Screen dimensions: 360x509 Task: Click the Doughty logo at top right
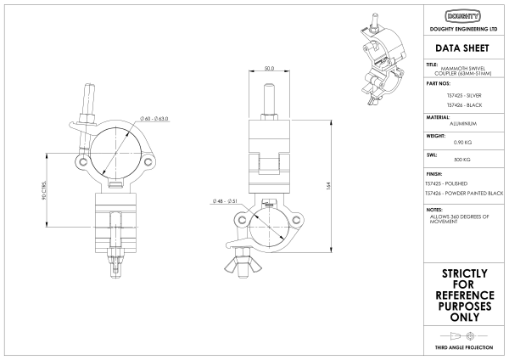coord(463,16)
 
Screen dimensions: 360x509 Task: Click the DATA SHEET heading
coord(463,48)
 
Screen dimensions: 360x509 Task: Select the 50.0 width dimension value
coord(269,68)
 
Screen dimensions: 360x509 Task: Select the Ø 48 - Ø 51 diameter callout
coord(227,201)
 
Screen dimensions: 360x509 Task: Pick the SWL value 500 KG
coord(463,160)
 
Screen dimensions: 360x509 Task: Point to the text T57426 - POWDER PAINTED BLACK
coord(464,194)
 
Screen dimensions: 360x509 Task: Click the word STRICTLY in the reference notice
coord(463,273)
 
